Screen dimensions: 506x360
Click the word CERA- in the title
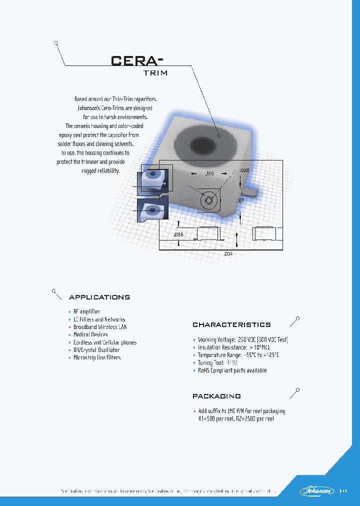[136, 60]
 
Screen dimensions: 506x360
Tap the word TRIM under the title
[152, 73]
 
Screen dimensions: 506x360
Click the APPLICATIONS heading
[99, 297]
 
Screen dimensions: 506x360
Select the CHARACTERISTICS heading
[231, 325]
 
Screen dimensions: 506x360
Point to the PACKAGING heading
[216, 396]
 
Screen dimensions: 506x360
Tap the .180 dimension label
[210, 173]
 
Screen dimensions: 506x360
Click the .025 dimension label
[243, 170]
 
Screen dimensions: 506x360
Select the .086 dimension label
[178, 234]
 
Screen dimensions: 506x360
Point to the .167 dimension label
[240, 200]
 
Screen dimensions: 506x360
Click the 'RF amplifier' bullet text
[86, 311]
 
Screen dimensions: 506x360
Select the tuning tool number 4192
[232, 362]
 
